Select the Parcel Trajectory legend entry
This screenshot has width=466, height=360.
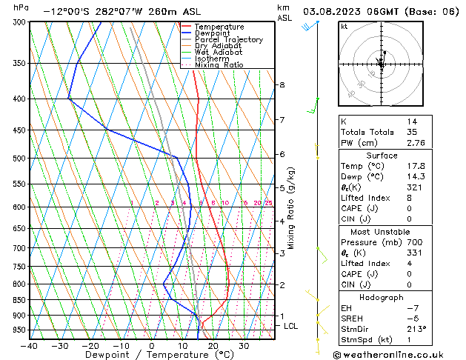pos(223,39)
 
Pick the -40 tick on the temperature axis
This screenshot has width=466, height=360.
pos(30,346)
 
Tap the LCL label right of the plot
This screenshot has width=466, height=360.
pos(291,326)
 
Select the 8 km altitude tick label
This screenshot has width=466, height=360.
pos(282,85)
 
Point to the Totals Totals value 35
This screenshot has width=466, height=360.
pos(411,132)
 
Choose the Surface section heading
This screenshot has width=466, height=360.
pos(382,156)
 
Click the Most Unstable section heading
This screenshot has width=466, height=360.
pos(382,232)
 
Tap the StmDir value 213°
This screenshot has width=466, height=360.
pos(416,329)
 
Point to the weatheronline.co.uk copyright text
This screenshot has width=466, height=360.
pos(390,354)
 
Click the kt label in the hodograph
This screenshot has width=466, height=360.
pos(344,26)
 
